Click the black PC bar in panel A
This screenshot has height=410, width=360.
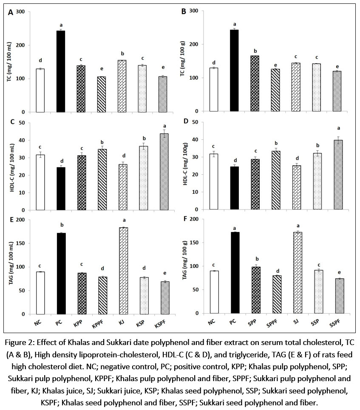[x=61, y=71]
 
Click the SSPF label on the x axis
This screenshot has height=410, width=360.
[x=333, y=323]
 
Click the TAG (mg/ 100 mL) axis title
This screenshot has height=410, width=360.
[x=10, y=267]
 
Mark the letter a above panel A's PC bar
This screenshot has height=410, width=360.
[x=61, y=24]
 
